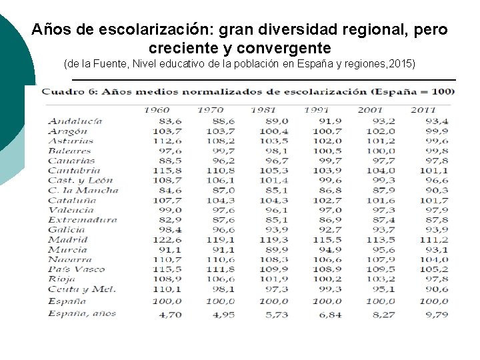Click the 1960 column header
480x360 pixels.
(157, 110)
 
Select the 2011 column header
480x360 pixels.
(423, 110)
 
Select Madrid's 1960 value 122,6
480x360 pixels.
(168, 239)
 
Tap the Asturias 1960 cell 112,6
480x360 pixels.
(168, 141)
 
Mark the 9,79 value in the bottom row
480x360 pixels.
(437, 314)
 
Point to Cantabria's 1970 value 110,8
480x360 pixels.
(221, 170)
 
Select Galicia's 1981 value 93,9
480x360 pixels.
(277, 229)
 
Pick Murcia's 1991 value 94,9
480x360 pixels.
(330, 249)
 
